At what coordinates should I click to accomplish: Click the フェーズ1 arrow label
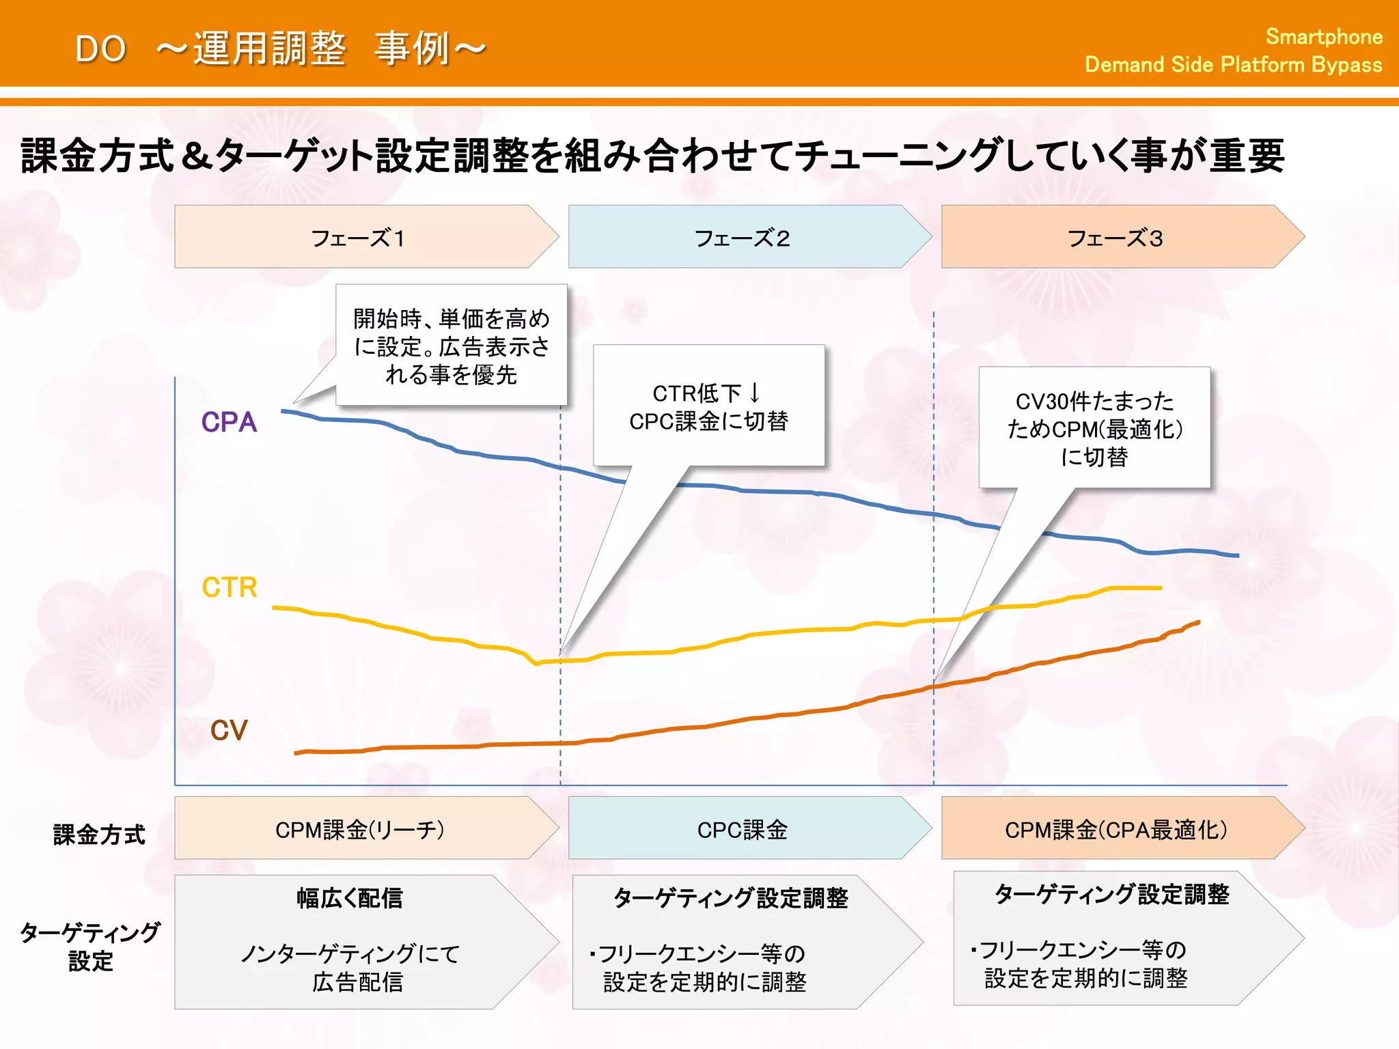pos(358,238)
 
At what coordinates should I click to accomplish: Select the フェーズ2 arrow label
pos(742,238)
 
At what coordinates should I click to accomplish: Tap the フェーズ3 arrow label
pos(1115,238)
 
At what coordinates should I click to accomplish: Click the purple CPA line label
pos(229,422)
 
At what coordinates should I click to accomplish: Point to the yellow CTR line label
pos(230,587)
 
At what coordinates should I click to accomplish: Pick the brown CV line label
pos(228,730)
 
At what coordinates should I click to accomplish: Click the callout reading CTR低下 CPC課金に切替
pos(708,407)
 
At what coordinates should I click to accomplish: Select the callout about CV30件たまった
pos(1094,428)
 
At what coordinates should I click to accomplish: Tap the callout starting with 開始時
pos(451,346)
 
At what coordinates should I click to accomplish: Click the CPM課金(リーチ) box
pos(359,829)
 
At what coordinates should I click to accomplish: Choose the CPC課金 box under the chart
pos(742,829)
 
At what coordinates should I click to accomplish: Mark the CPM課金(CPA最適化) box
pos(1116,829)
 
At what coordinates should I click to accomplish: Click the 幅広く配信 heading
pos(350,897)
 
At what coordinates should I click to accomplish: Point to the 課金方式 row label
pos(99,834)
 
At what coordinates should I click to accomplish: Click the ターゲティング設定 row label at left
pos(90,947)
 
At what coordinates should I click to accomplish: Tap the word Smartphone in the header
pos(1323,36)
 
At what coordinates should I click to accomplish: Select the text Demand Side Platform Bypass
pos(1233,65)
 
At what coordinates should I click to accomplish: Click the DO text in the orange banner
pos(100,49)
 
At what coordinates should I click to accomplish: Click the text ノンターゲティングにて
pos(350,953)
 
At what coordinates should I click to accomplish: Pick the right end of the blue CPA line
pos(1236,556)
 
